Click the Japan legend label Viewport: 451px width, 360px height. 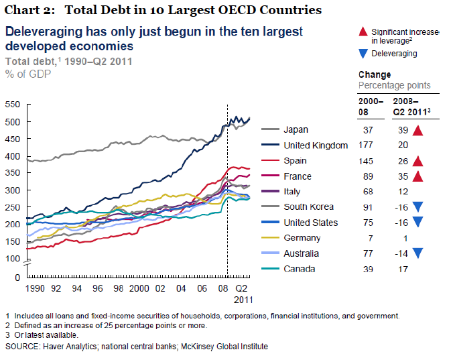(x=296, y=130)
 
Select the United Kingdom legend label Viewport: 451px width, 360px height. (x=316, y=145)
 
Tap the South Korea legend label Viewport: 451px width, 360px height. (x=309, y=207)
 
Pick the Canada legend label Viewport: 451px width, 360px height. (x=299, y=269)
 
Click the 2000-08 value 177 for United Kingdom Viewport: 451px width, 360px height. (x=367, y=145)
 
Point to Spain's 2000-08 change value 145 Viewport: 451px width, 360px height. (x=367, y=161)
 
